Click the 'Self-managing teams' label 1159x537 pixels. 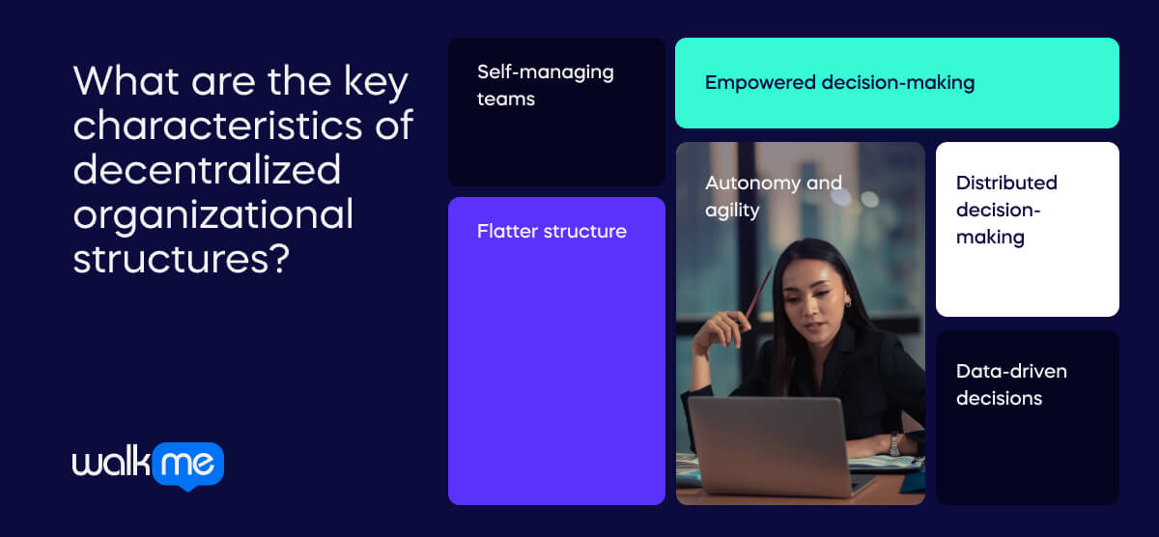[546, 85]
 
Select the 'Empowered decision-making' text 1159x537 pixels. [839, 83]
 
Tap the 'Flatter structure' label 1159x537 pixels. [551, 231]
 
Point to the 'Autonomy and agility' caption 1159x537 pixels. [774, 197]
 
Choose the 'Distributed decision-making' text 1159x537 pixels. [1006, 210]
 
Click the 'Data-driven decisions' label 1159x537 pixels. [1011, 384]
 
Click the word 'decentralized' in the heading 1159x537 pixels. [207, 170]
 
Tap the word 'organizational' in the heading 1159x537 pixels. [213, 215]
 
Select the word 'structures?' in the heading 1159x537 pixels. [182, 259]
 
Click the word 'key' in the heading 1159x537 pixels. [376, 83]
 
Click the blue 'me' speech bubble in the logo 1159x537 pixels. [188, 466]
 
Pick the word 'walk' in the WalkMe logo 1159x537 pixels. [111, 461]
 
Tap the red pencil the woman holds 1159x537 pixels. [758, 293]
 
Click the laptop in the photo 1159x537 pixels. [775, 446]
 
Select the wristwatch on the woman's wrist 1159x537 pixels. [894, 444]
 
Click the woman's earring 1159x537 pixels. [848, 304]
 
